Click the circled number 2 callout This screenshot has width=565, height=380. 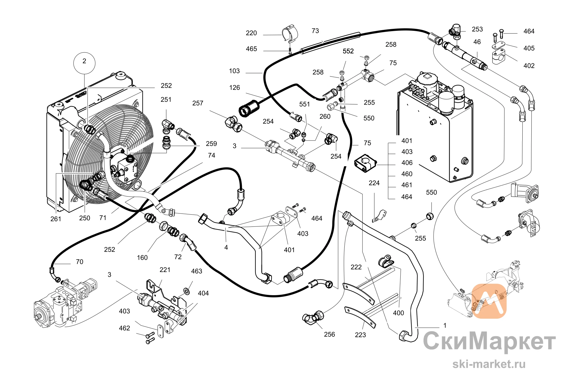point(84,63)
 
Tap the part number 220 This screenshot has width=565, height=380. point(251,33)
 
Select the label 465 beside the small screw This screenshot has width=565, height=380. point(251,49)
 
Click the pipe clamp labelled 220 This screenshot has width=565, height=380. point(290,34)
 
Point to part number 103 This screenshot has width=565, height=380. point(234,71)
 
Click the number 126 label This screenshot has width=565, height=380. point(234,88)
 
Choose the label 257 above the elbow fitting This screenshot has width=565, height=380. point(198,103)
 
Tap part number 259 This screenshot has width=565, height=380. point(211,144)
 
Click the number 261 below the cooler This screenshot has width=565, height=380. point(56,219)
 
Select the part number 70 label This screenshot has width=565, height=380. point(80,262)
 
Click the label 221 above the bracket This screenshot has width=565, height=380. point(165,270)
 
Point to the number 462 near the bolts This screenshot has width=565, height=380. point(124,328)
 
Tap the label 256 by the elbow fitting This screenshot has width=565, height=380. point(329,334)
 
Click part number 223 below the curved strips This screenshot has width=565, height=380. point(360,335)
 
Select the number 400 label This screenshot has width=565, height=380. point(398,313)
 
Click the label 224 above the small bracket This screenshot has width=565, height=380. point(374,183)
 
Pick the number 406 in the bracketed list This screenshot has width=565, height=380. point(407,163)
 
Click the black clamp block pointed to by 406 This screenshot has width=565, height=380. point(366,163)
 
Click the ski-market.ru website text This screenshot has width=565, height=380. point(489,364)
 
